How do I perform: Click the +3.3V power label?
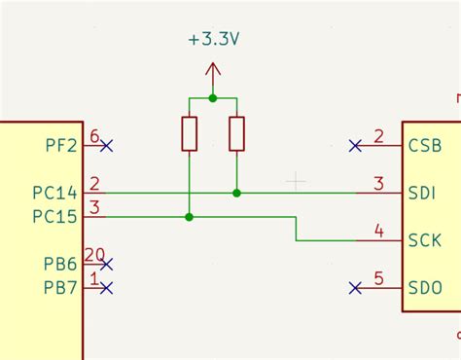click(214, 40)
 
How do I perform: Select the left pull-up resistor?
click(190, 134)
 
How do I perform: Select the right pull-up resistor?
click(236, 134)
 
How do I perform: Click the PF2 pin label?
click(61, 146)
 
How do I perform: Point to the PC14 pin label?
click(53, 194)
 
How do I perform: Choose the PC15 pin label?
click(53, 216)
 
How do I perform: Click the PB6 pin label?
click(61, 265)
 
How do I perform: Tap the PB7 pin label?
click(61, 288)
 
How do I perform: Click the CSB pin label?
click(425, 146)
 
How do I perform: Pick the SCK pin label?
click(425, 240)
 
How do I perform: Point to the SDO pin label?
click(425, 288)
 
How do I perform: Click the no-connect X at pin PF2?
click(106, 146)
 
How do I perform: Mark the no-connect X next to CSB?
click(356, 146)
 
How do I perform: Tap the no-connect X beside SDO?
click(356, 288)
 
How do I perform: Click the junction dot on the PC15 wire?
click(190, 217)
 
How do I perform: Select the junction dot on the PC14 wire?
click(236, 194)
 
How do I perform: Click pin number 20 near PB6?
click(94, 255)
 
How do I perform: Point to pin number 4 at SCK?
click(378, 232)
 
